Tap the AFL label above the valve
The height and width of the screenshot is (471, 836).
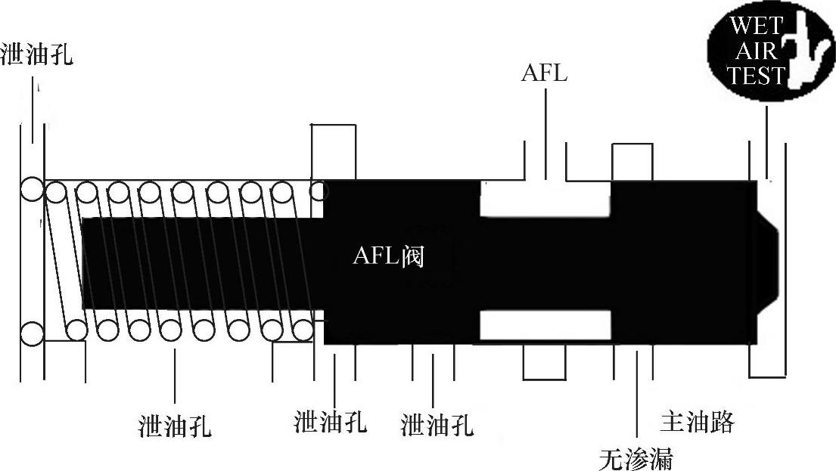coord(543,74)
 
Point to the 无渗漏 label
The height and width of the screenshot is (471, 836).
coord(636,458)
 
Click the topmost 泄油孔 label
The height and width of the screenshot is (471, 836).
coord(37,55)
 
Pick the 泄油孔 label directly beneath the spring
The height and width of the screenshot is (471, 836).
coord(176,426)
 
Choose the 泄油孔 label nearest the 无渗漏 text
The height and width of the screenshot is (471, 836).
coord(437,425)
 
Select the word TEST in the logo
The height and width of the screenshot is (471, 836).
coord(757,75)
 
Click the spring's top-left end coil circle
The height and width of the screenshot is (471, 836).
coord(33,190)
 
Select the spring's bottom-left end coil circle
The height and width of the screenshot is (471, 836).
coord(33,333)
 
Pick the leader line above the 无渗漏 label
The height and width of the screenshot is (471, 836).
coord(636,397)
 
